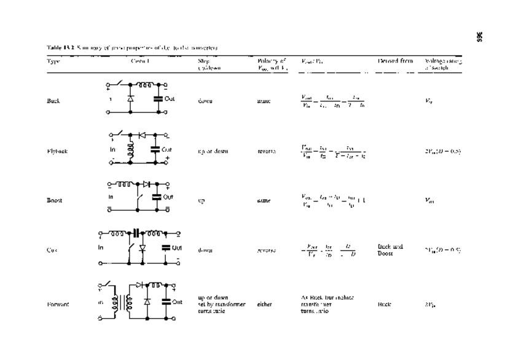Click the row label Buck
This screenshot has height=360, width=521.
click(53, 100)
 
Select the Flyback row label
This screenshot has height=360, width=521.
click(56, 151)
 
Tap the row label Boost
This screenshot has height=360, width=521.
click(54, 200)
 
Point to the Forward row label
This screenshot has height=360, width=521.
click(57, 303)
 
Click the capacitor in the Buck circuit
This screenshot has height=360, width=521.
click(159, 98)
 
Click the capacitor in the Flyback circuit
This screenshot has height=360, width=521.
click(159, 149)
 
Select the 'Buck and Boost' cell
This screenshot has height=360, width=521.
click(390, 249)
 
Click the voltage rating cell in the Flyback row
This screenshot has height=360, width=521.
click(442, 151)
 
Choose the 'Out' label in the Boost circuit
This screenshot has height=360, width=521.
click(169, 197)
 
